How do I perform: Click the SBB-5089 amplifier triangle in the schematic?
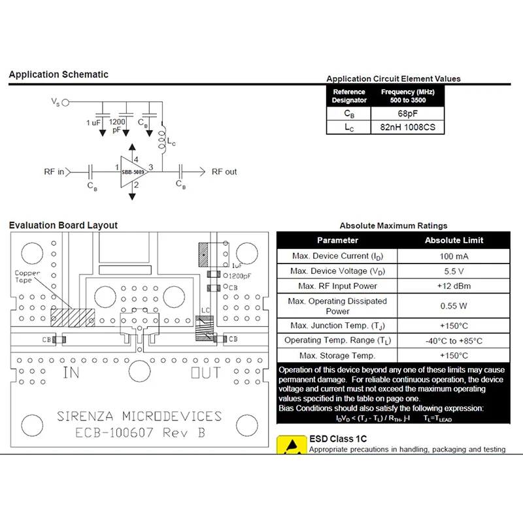[x=131, y=171]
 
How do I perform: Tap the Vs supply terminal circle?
[x=65, y=102]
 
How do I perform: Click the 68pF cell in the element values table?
[x=407, y=114]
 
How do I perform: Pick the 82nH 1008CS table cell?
[x=407, y=127]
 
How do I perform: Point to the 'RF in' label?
[x=54, y=172]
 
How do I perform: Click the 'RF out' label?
[x=224, y=172]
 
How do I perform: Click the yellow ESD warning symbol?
[x=290, y=445]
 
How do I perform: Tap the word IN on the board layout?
[x=71, y=373]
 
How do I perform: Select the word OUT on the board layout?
[x=205, y=373]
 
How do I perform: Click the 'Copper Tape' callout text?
[x=27, y=277]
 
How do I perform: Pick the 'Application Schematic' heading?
[x=59, y=75]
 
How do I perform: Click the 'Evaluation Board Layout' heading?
[x=63, y=226]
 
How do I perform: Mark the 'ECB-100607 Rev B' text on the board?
[x=139, y=433]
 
